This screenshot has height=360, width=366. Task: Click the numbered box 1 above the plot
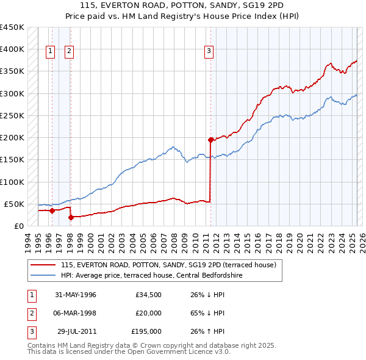coord(49,51)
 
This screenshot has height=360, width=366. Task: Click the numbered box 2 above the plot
coord(69,51)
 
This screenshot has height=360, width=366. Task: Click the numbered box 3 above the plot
coord(209,51)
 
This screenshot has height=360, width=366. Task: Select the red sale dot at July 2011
coord(210,140)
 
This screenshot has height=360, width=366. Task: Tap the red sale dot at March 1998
coord(71,217)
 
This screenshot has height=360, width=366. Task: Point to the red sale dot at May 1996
coord(52,211)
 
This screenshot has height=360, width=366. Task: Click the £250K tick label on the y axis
coord(12,115)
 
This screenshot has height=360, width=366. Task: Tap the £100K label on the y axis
coord(12,182)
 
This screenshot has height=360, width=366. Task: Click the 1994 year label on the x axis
coord(27,241)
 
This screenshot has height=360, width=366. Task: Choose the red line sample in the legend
coord(43,265)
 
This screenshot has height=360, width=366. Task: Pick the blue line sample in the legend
coord(43,276)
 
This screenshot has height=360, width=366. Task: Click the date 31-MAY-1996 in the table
coord(76,295)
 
